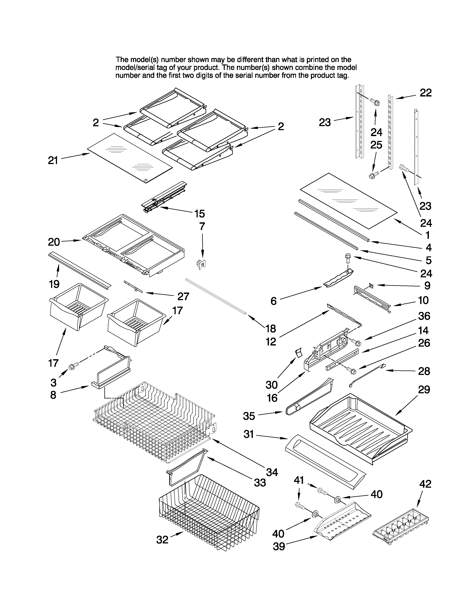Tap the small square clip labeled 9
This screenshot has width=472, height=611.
(371, 285)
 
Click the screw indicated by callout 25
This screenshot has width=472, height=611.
(372, 176)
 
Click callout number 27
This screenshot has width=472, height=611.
(183, 296)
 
